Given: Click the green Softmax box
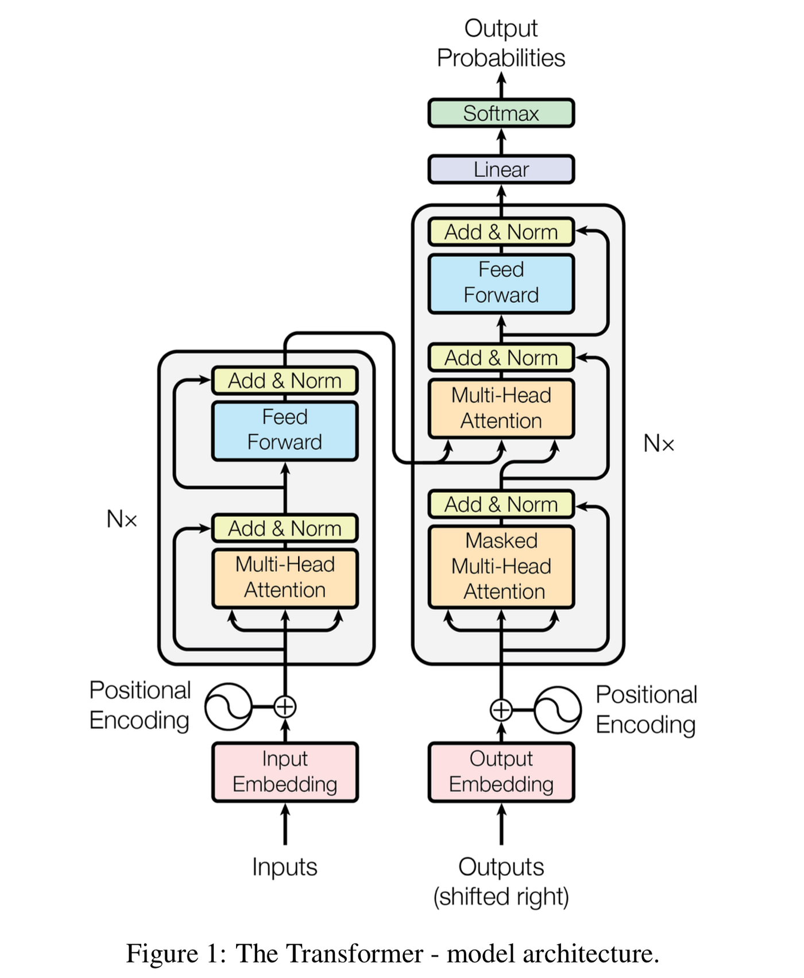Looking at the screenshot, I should (x=501, y=113).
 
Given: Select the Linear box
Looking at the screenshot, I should (x=501, y=169).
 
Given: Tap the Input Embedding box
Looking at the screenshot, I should (x=285, y=772).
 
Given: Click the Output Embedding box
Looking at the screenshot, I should (x=501, y=772).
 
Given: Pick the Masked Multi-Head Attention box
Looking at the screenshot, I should (x=501, y=566).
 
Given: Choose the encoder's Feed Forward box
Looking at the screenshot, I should (x=285, y=430).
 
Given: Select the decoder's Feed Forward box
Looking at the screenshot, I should (x=501, y=283).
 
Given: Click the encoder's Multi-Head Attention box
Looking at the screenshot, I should (x=285, y=578).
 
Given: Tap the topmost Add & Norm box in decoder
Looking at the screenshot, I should (x=501, y=232).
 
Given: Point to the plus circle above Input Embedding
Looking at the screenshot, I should (x=285, y=706).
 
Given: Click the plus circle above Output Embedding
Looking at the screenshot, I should (x=501, y=710).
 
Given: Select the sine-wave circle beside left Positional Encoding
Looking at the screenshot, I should (x=229, y=706).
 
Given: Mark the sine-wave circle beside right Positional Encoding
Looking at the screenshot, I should (x=557, y=710).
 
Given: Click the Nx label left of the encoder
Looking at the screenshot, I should (x=122, y=519).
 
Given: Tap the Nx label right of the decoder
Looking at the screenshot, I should (x=658, y=443).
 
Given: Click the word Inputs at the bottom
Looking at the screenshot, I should (x=285, y=867).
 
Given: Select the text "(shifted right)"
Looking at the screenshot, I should (x=501, y=896).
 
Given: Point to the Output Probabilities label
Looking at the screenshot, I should (x=501, y=43).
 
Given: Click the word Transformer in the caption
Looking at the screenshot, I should (x=329, y=954).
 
